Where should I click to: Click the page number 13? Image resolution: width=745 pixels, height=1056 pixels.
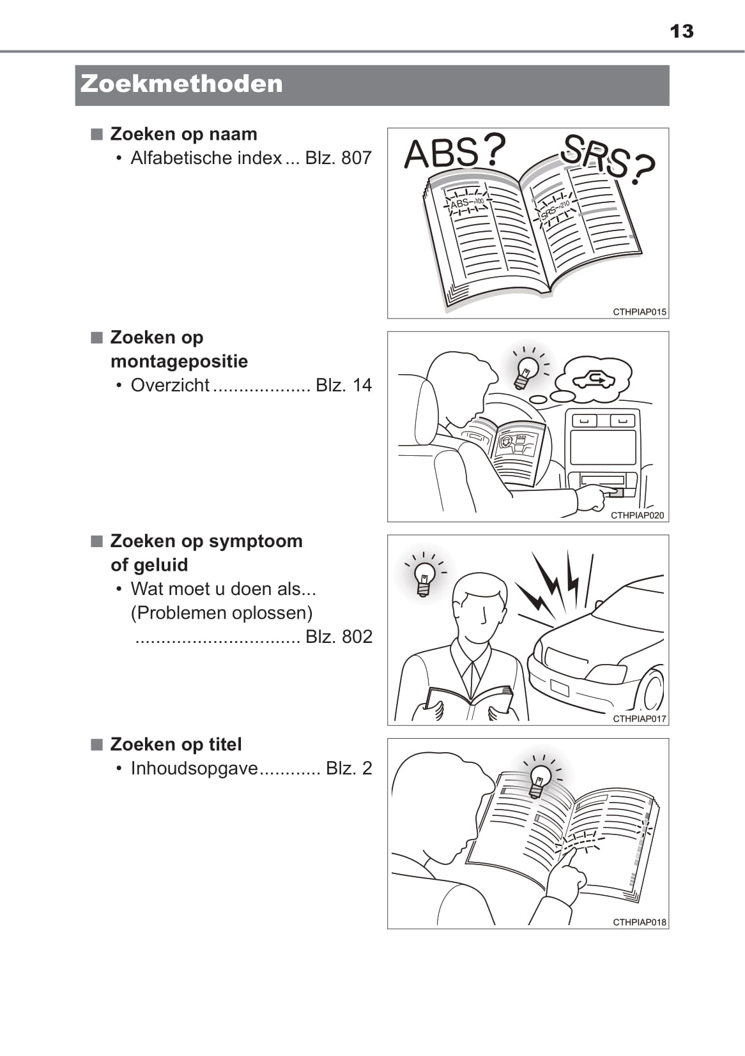pyautogui.click(x=681, y=31)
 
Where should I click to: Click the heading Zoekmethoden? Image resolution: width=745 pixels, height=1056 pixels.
pyautogui.click(x=181, y=84)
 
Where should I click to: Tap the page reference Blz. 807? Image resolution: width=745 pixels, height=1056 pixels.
pyautogui.click(x=338, y=158)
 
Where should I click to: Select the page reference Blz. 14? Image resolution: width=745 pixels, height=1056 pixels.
pyautogui.click(x=344, y=385)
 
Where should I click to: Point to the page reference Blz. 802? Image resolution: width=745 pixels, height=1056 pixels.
pyautogui.click(x=339, y=637)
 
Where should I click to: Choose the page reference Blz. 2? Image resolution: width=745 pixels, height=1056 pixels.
pyautogui.click(x=349, y=768)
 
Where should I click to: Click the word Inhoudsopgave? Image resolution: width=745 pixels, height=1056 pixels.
pyautogui.click(x=194, y=769)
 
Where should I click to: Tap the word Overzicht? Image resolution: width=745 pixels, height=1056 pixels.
pyautogui.click(x=170, y=385)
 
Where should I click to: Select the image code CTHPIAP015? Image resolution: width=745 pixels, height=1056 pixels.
pyautogui.click(x=640, y=312)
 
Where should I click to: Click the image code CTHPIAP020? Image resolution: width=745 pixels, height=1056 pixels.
pyautogui.click(x=637, y=515)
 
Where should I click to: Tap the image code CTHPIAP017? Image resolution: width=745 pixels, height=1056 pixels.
pyautogui.click(x=640, y=719)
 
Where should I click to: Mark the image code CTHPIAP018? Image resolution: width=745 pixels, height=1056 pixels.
pyautogui.click(x=640, y=923)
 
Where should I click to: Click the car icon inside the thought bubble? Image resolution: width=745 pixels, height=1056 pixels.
pyautogui.click(x=593, y=379)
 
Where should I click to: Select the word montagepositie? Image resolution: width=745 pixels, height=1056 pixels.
pyautogui.click(x=179, y=361)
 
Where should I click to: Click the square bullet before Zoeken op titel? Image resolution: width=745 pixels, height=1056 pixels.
pyautogui.click(x=96, y=744)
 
